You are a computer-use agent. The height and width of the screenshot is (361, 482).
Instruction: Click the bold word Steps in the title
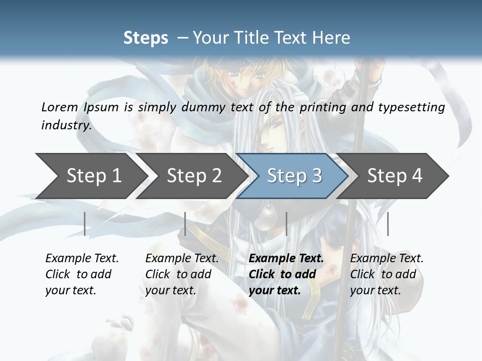tap(146, 38)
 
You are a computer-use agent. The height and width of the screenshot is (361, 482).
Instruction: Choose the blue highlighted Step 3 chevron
tap(294, 176)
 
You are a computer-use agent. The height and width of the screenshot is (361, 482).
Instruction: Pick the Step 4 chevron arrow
tap(395, 176)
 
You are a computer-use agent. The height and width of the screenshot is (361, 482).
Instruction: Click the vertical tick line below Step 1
tap(85, 224)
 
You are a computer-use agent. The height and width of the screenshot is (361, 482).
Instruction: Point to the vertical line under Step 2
tap(185, 224)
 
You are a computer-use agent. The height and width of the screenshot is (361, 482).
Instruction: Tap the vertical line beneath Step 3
tap(286, 224)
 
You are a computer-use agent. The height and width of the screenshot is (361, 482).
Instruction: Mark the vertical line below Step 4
tap(388, 224)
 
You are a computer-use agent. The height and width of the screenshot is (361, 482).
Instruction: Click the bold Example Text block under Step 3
tap(286, 274)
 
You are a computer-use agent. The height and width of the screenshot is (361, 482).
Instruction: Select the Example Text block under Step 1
tap(82, 274)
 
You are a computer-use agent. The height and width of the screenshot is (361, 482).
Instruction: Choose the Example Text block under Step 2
tap(182, 274)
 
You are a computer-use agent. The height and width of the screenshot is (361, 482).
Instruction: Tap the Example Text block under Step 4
tap(387, 274)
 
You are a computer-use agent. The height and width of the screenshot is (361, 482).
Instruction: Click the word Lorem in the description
tap(60, 107)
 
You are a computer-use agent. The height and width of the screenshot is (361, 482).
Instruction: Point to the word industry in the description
tap(66, 125)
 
